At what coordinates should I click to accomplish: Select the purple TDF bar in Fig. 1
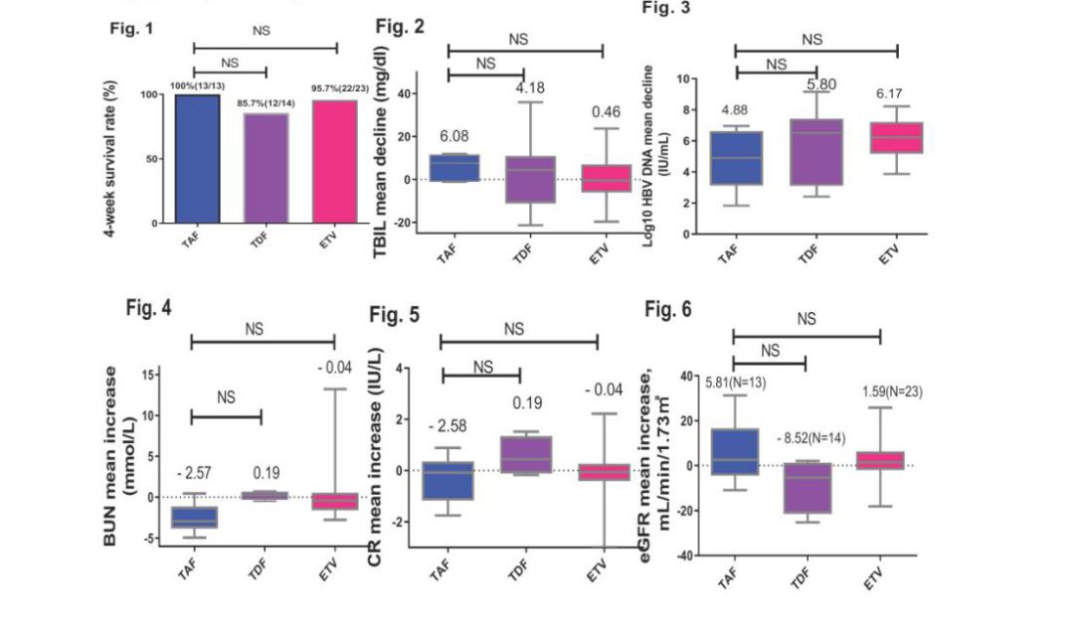267,168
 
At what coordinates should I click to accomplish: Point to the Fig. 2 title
400,26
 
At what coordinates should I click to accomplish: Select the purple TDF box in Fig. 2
529,179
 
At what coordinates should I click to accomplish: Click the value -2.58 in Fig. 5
447,427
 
